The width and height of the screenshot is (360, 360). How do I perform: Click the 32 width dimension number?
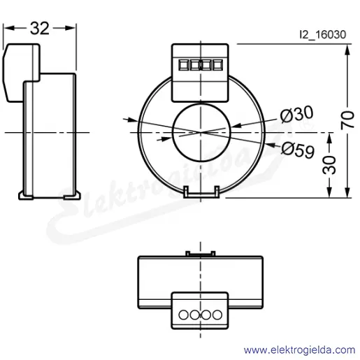[x=40, y=29]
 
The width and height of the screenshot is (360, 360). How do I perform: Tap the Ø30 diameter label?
[x=297, y=114]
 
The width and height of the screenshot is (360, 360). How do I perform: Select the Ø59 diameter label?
[x=298, y=150]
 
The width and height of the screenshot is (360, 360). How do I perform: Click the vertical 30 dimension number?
[x=329, y=165]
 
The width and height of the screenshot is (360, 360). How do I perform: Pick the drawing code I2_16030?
[x=323, y=35]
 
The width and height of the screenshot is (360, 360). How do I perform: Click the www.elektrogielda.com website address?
[x=299, y=350]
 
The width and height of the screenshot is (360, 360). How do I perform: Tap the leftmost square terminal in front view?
[x=184, y=65]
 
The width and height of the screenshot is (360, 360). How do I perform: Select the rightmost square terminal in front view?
[x=217, y=65]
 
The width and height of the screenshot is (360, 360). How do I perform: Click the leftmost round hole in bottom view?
[x=183, y=315]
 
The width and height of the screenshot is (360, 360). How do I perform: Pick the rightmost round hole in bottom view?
[x=217, y=315]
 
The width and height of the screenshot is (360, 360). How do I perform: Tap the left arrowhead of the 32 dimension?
[x=9, y=28]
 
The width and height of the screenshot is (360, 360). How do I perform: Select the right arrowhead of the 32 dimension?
[x=70, y=28]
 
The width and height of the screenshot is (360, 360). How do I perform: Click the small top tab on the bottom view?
[x=201, y=254]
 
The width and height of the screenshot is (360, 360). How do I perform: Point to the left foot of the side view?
[x=25, y=195]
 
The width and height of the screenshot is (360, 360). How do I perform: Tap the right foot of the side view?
[x=72, y=196]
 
